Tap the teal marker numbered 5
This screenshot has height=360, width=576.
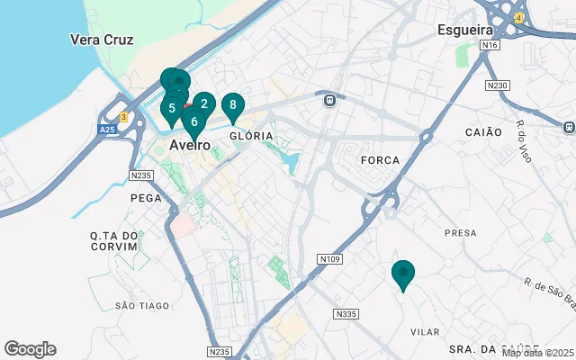point(171,109)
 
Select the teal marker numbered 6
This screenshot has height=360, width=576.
point(194,121)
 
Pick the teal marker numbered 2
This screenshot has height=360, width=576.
point(204,104)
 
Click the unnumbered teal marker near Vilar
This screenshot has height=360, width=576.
point(403,274)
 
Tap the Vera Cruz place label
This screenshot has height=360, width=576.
point(102,40)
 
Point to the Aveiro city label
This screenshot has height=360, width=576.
point(190,145)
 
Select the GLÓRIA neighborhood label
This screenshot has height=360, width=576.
point(251,136)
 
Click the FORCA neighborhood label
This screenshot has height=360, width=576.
point(379,159)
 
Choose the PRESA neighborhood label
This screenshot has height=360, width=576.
point(460,233)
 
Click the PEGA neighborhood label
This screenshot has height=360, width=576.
point(146,197)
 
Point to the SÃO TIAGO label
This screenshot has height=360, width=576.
point(142,306)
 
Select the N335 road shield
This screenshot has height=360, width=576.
point(346,314)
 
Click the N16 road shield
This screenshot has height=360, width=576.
point(490,44)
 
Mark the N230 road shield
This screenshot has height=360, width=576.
point(497,85)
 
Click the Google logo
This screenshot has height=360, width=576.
point(30,349)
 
